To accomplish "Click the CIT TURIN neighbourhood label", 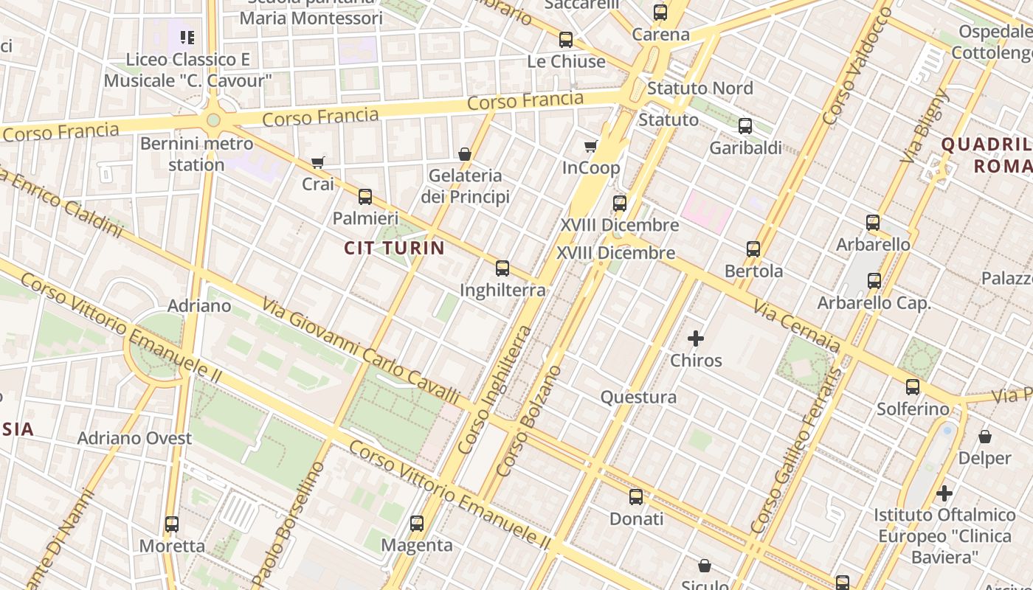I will [394, 248].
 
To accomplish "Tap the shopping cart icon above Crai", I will [318, 162].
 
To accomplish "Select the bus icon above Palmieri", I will [365, 197].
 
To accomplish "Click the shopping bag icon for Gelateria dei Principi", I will [465, 154].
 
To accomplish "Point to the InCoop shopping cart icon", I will [590, 146].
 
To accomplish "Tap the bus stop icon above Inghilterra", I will [502, 268].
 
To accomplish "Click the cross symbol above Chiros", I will [695, 339].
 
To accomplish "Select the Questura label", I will [638, 398].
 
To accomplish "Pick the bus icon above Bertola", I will [753, 249].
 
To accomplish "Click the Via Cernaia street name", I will [796, 324].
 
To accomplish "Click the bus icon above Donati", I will [636, 497].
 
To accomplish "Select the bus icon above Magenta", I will [417, 524].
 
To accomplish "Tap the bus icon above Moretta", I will [172, 524].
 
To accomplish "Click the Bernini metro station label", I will [196, 153].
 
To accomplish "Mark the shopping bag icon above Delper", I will [984, 437].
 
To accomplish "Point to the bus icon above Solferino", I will [913, 387].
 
